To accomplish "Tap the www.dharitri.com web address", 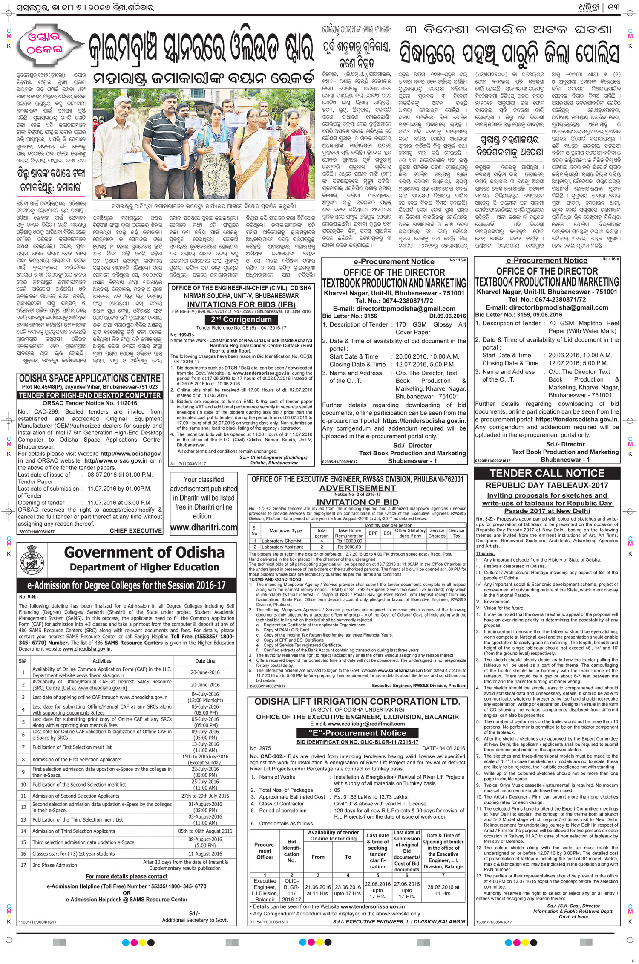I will tap(204, 527).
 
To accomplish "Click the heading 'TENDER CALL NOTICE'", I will tap(547, 473).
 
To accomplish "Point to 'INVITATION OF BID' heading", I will tap(357, 502).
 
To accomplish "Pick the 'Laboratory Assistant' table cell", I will tap(282, 547).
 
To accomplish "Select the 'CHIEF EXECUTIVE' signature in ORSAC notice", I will tap(135, 531).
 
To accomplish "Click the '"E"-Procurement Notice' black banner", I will tap(357, 733).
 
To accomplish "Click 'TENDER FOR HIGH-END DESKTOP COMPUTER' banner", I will tap(90, 395).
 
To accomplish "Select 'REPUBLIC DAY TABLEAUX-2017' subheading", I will tap(547, 485).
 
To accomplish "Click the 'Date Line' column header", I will tap(205, 661).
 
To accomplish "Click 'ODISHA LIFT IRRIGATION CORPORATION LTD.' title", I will tap(357, 701).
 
